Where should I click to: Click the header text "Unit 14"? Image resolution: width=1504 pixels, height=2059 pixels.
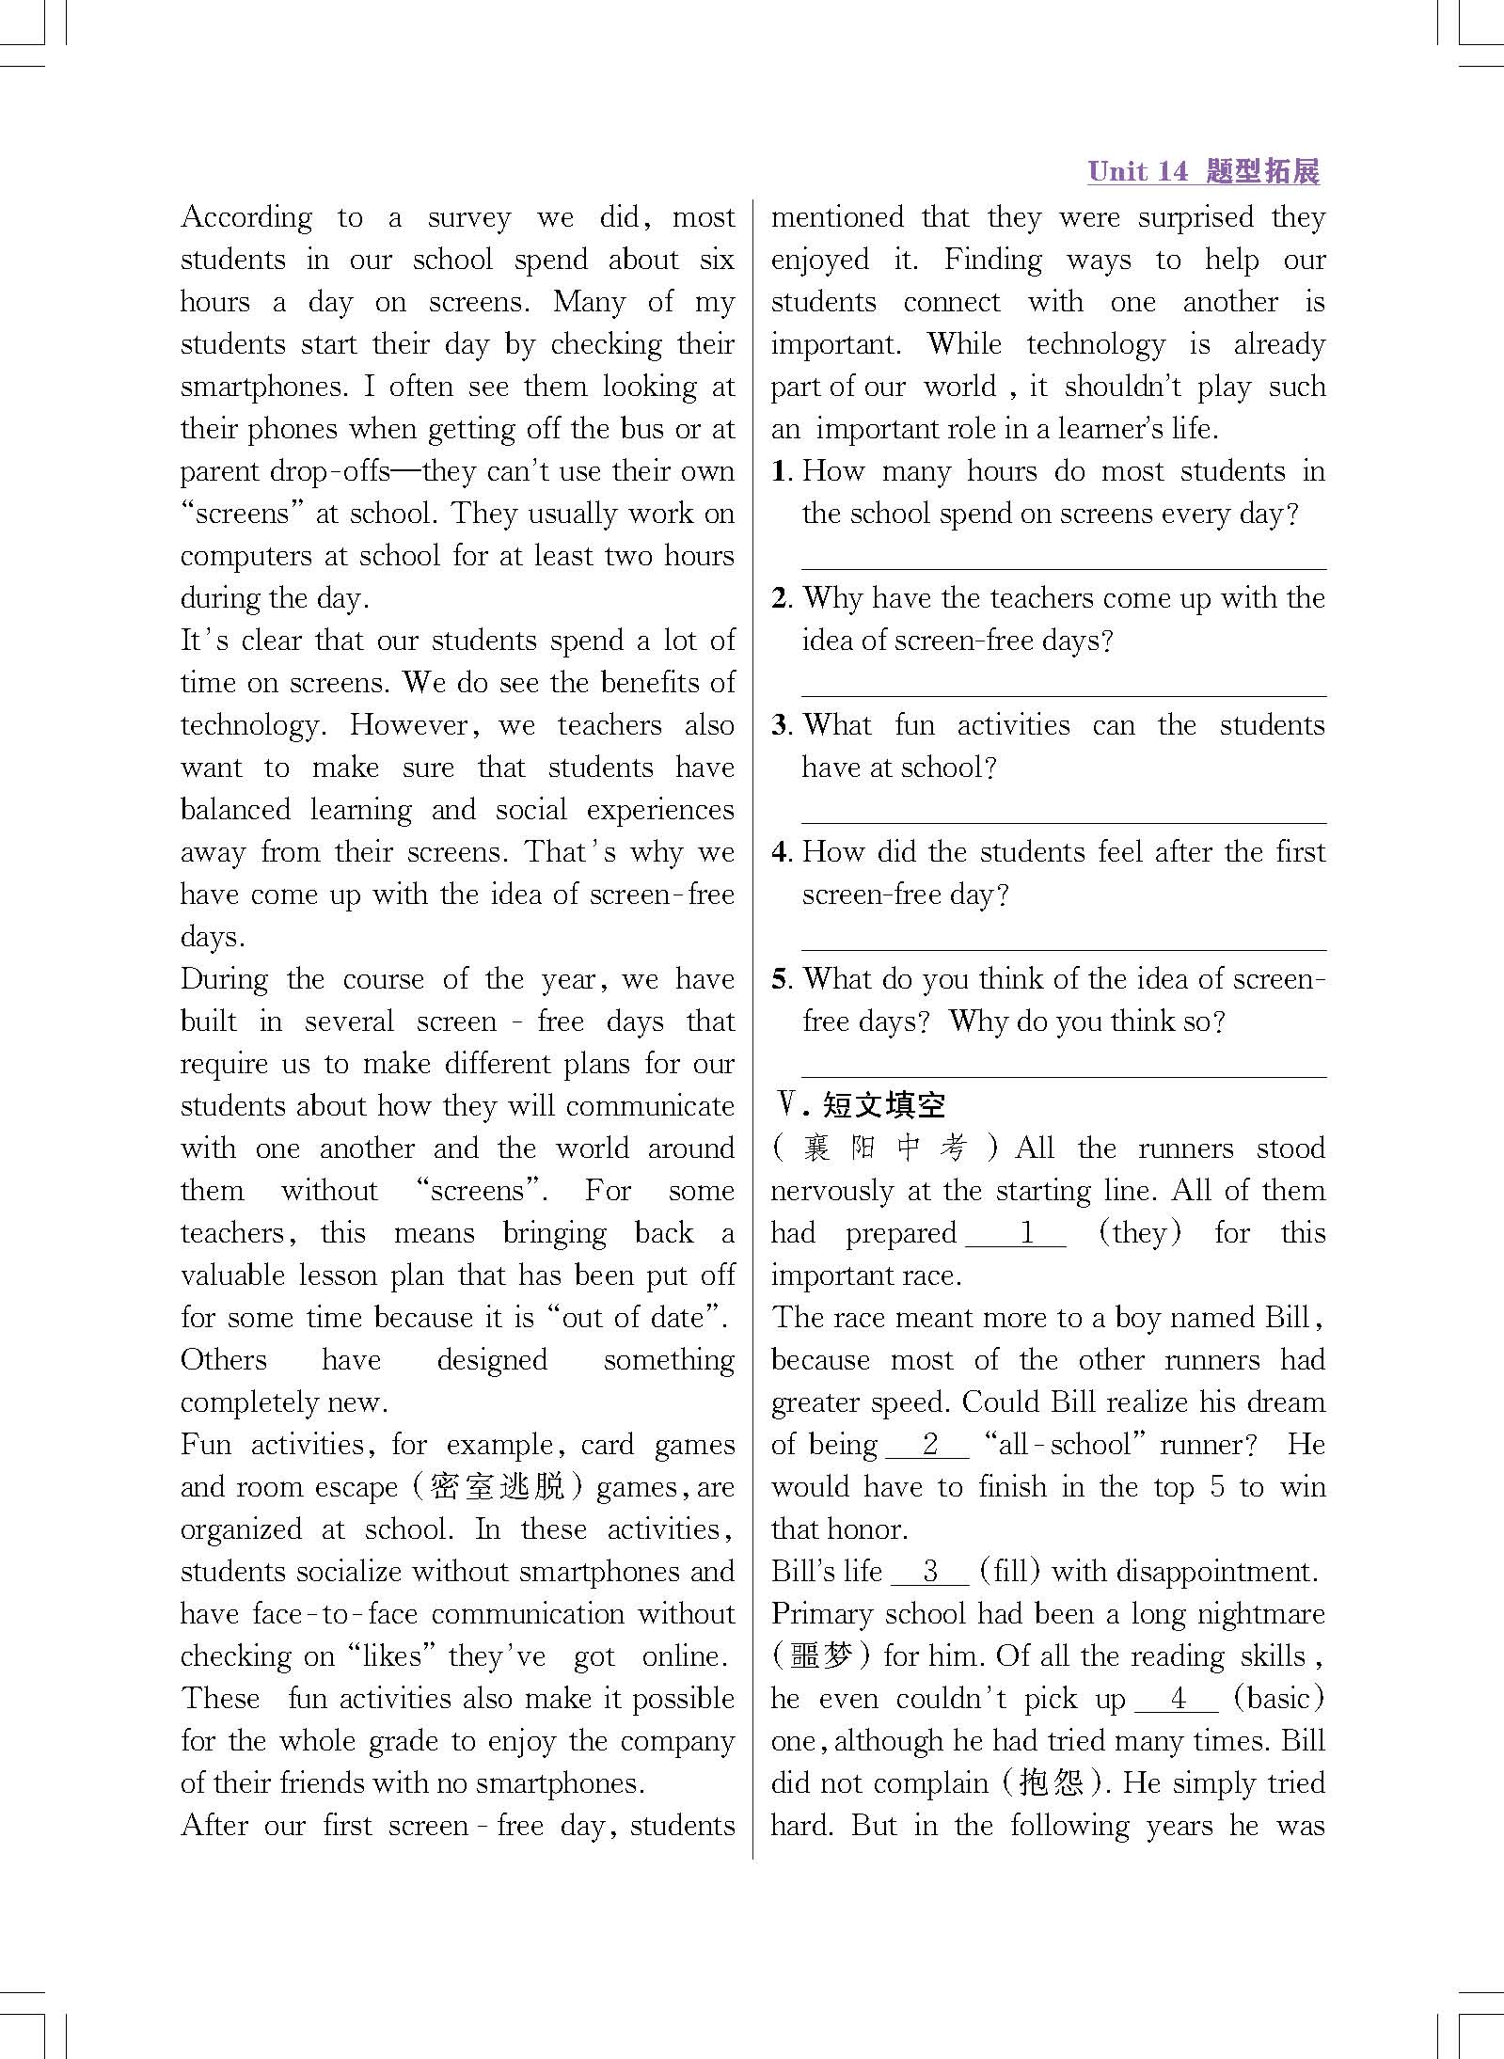[x=1137, y=171]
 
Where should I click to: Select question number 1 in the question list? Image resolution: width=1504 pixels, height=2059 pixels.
[x=780, y=471]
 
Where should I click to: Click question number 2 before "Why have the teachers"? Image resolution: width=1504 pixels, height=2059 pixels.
[x=781, y=598]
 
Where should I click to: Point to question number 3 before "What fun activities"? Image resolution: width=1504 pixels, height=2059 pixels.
[x=781, y=725]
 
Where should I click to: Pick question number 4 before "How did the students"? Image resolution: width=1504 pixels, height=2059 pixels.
[x=781, y=852]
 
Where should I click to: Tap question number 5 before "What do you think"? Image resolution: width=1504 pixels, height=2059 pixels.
[x=781, y=979]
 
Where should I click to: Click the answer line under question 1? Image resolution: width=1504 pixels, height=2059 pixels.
[x=1063, y=567]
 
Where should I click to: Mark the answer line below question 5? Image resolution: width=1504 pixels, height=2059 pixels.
[x=1063, y=1075]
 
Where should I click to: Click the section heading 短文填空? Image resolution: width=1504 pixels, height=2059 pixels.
[x=883, y=1105]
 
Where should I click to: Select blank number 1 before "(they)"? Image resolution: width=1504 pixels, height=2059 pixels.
[x=1016, y=1233]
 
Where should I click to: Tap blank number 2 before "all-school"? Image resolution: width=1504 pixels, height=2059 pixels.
[x=928, y=1444]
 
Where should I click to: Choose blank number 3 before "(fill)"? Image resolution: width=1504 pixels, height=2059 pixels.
[x=929, y=1571]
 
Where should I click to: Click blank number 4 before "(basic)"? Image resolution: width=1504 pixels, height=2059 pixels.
[x=1177, y=1698]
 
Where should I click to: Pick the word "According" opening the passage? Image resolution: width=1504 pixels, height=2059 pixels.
[x=246, y=217]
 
